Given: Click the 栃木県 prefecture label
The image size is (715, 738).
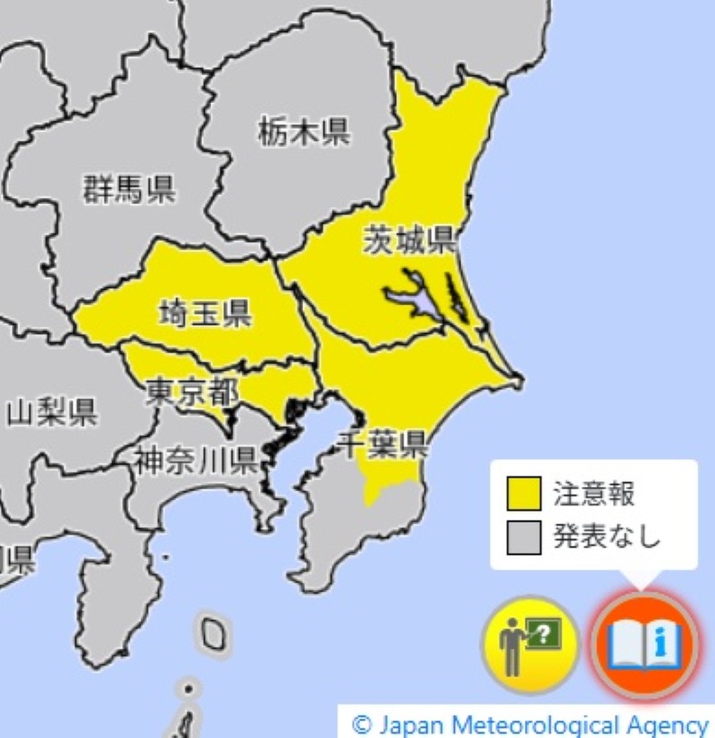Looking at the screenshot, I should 305,133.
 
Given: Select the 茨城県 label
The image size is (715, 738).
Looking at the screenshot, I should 410,240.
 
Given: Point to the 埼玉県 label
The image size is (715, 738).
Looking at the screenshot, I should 205,313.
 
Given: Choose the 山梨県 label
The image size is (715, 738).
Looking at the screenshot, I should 52,412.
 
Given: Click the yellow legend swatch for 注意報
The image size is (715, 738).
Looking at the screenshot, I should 524,493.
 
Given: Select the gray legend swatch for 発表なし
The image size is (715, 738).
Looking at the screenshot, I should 524,536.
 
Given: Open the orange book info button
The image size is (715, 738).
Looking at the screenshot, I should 643,643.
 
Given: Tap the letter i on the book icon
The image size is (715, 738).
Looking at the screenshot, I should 661,640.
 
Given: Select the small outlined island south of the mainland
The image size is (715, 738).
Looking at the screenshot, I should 213,632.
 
